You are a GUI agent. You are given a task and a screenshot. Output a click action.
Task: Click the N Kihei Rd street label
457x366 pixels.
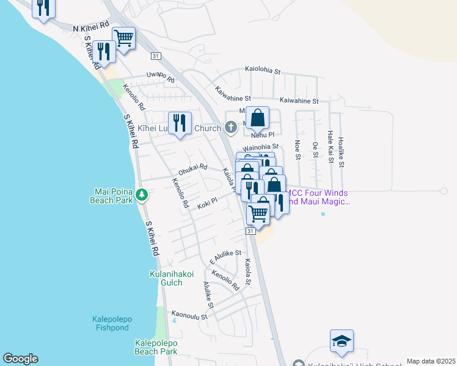point(91,29)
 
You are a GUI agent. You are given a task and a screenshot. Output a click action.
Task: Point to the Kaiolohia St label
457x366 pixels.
point(263,71)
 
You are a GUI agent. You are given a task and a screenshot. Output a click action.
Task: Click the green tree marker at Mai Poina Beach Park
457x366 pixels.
point(142,195)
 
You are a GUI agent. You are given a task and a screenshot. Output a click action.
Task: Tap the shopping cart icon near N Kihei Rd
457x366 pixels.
point(124,38)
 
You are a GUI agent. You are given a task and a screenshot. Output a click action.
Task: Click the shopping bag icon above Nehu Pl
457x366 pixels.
point(257,117)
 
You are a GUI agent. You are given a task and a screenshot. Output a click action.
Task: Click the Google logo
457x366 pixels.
point(20,359)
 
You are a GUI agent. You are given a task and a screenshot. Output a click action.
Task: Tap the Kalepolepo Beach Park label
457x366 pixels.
point(156,347)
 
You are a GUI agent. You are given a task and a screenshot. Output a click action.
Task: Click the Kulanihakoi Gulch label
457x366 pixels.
point(172,279)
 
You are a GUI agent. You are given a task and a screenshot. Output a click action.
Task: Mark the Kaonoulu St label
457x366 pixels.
point(190,315)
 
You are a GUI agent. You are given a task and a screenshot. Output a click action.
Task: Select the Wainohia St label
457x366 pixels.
point(261,147)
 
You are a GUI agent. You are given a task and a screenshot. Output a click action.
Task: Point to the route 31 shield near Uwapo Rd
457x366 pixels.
point(156,56)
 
